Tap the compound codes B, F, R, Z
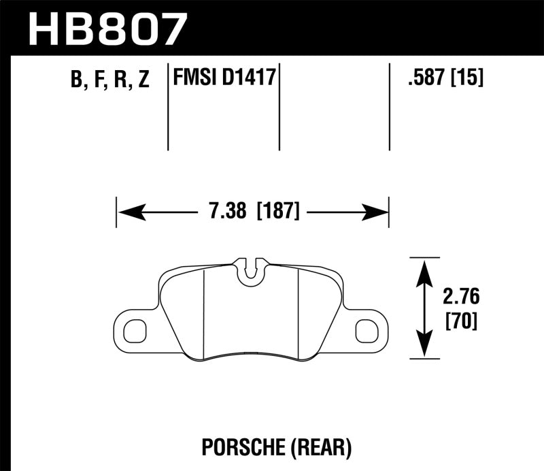pyautogui.click(x=108, y=80)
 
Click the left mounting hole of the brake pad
pyautogui.click(x=134, y=329)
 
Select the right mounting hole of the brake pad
pyautogui.click(x=368, y=329)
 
